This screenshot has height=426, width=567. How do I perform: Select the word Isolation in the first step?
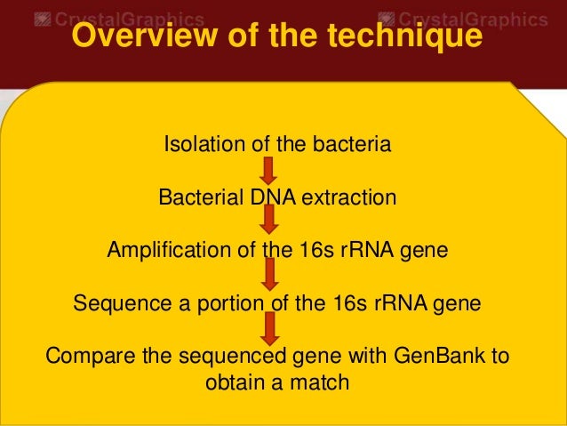[x=198, y=143]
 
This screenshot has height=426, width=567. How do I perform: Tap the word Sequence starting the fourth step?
[x=114, y=303]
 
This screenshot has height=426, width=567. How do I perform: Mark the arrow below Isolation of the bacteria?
[x=270, y=169]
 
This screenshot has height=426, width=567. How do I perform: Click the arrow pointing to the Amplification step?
[x=270, y=221]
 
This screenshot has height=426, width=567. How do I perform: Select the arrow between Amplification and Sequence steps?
[x=270, y=275]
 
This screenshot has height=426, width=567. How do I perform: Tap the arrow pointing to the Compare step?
[x=270, y=328]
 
